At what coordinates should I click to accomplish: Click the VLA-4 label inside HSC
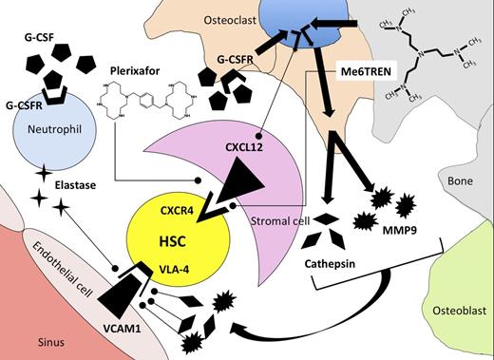pyautogui.click(x=164, y=269)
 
